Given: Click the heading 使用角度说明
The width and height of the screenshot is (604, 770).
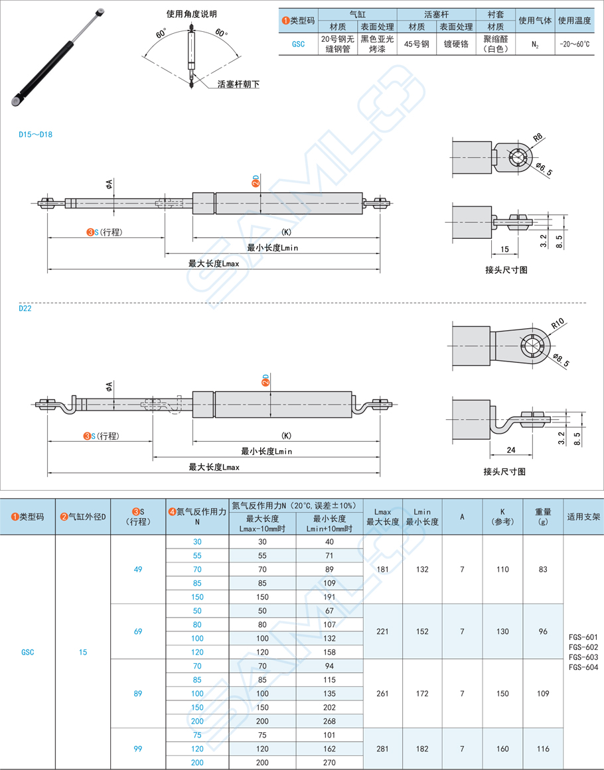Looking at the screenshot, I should (x=191, y=14).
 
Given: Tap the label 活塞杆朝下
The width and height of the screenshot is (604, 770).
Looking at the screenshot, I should (x=238, y=84).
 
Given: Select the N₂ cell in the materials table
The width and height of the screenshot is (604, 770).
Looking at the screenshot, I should (x=534, y=44).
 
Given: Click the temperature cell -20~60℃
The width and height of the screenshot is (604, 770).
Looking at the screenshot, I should (x=574, y=44).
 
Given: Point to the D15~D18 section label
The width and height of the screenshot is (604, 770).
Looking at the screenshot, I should (x=36, y=135).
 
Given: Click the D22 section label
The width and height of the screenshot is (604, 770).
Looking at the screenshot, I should (x=25, y=308).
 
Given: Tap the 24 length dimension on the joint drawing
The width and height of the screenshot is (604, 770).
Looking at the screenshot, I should (x=510, y=449).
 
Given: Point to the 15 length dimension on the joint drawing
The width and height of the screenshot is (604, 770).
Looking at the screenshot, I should (x=505, y=249).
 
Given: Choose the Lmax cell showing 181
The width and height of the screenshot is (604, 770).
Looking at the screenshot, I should (x=382, y=569).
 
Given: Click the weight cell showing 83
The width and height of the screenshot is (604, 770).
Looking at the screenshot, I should (x=543, y=569).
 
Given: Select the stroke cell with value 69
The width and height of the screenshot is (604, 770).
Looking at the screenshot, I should (x=138, y=631).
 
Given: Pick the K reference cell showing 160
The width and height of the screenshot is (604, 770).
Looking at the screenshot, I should (x=502, y=749).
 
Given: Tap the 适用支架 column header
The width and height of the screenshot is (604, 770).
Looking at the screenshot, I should (x=583, y=516).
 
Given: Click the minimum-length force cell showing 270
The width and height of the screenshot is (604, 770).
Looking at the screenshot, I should (x=329, y=763).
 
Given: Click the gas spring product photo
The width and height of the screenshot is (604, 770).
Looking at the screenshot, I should (x=57, y=56).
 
